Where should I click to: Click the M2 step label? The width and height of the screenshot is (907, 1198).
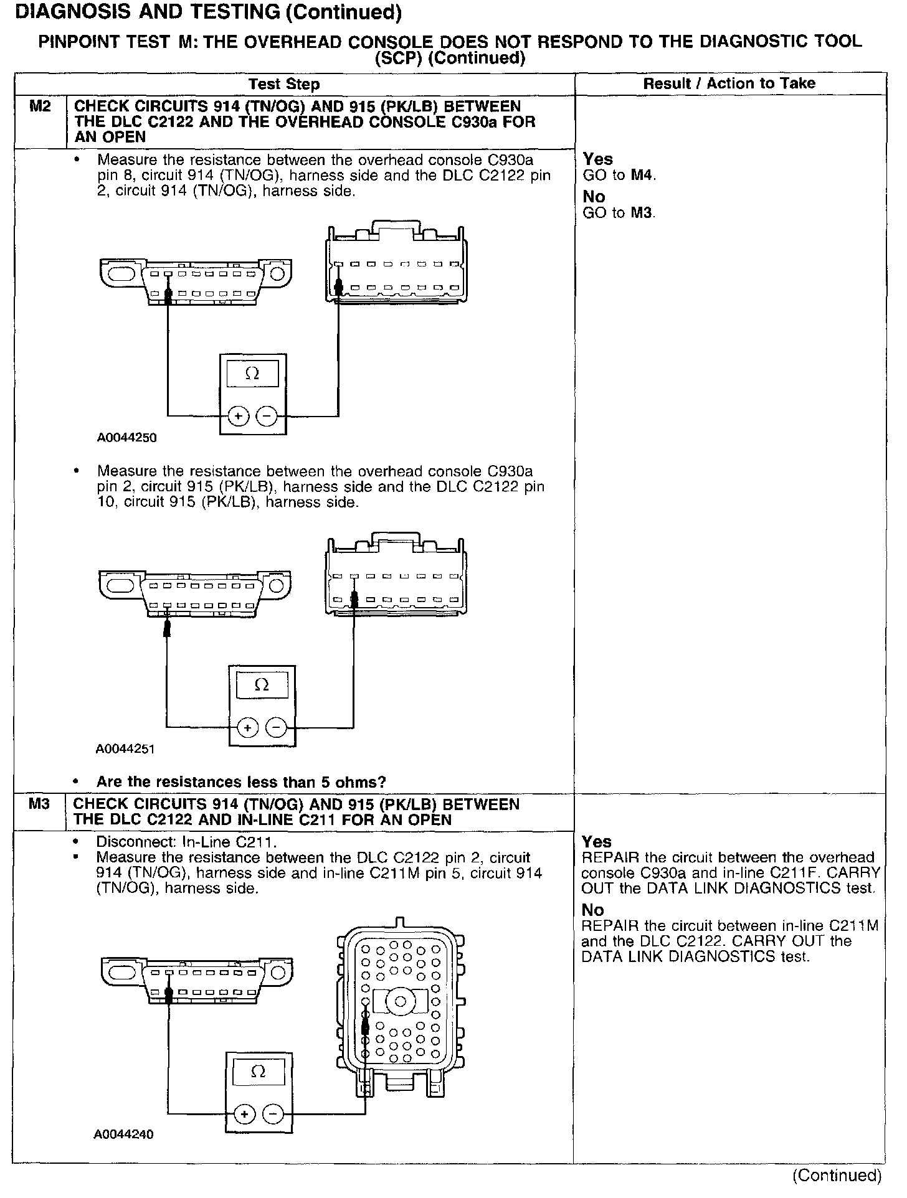click(40, 106)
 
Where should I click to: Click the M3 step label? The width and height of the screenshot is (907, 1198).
click(39, 804)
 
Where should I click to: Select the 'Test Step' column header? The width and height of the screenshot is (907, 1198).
click(284, 84)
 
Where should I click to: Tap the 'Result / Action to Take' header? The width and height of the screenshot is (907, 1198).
click(729, 83)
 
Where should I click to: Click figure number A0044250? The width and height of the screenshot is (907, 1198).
click(126, 438)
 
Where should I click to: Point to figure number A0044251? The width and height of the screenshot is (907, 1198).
click(125, 749)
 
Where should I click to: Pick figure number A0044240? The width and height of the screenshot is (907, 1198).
click(124, 1134)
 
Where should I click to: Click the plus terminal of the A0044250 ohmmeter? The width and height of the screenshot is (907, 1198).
click(238, 415)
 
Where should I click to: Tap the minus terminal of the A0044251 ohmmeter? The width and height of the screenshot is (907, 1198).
click(276, 727)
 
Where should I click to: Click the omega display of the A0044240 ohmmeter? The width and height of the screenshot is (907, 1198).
click(258, 1073)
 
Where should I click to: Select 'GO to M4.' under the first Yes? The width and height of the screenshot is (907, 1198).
click(619, 176)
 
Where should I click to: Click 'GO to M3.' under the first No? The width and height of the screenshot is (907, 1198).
click(619, 213)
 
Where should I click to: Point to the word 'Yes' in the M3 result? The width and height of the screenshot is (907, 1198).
click(597, 842)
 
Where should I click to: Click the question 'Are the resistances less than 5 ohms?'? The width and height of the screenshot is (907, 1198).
click(241, 782)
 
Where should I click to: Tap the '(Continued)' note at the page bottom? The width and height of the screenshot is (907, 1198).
click(837, 1176)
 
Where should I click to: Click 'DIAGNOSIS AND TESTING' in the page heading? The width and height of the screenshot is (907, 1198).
click(138, 12)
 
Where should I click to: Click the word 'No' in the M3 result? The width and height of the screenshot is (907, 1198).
click(593, 910)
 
